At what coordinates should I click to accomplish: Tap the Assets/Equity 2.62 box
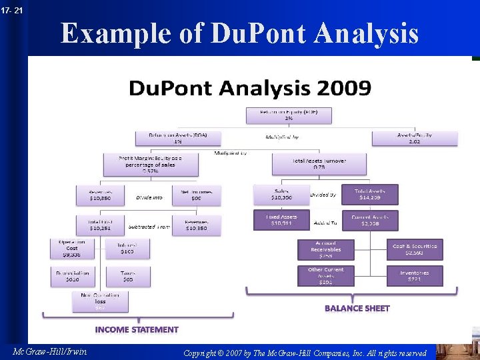[x=415, y=138]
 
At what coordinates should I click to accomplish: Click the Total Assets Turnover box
[x=319, y=163]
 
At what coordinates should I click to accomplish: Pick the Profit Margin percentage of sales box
[x=151, y=165]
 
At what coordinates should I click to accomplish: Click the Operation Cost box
[x=72, y=249]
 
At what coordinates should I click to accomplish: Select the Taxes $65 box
[x=128, y=275]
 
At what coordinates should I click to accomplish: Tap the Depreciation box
[x=72, y=275]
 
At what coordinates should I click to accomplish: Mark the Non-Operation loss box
[x=100, y=301]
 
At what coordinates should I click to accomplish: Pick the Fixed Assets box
[x=281, y=220]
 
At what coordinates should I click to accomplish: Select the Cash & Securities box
[x=415, y=249]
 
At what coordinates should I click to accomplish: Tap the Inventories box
[x=415, y=275]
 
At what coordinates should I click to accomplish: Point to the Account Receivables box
[x=325, y=249]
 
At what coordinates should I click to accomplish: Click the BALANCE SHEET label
[x=357, y=308]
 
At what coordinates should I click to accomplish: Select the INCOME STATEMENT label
[x=137, y=329]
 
